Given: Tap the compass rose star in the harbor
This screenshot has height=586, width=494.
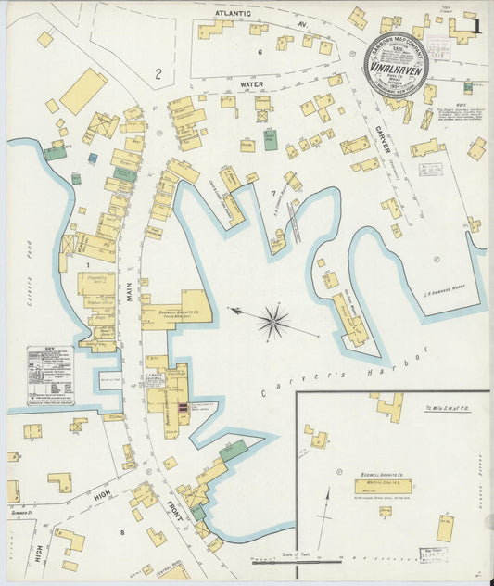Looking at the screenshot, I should coord(272,322).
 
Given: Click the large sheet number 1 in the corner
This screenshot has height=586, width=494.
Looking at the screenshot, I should coord(476,26).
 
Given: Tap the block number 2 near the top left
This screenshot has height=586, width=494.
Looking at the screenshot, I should coord(158,73).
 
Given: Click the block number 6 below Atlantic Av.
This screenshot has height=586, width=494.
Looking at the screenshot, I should coord(260,52).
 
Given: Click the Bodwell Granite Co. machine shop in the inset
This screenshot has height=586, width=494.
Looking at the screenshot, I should coord(383,487).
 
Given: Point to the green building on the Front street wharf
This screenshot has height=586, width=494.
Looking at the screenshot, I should coord(234,451).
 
